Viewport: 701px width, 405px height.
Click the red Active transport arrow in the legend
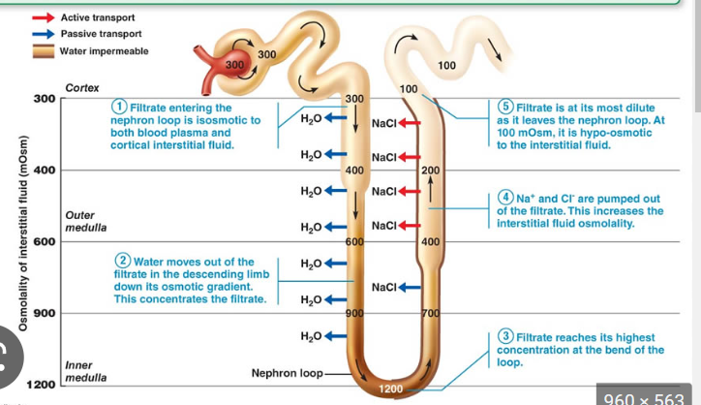click(x=44, y=17)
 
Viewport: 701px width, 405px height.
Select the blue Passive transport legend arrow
click(x=44, y=34)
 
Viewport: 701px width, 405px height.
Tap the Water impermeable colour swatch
click(x=44, y=51)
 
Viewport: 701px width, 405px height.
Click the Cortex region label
click(x=81, y=88)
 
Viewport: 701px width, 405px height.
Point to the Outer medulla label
click(x=85, y=220)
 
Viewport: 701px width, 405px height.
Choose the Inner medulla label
click(x=85, y=370)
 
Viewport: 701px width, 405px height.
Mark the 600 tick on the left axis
click(x=45, y=241)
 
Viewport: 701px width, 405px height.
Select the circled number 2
click(x=123, y=262)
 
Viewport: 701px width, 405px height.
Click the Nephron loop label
click(x=286, y=372)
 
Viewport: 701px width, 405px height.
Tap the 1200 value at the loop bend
click(x=389, y=389)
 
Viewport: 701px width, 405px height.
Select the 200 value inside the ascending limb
click(x=431, y=170)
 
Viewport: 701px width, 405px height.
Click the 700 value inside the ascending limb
click(x=431, y=312)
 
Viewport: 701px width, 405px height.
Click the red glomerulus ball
click(x=237, y=66)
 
